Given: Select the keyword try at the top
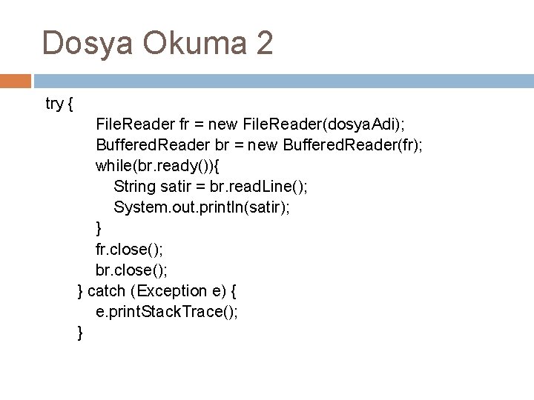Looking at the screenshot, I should point(54,104).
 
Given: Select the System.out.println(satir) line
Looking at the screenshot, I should point(202,207).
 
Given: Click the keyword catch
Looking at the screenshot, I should point(106,291).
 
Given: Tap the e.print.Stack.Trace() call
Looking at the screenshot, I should point(167,312).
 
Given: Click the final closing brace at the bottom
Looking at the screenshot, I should point(80,333).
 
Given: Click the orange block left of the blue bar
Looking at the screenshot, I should point(15,79).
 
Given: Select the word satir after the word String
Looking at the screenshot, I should point(182,187).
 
